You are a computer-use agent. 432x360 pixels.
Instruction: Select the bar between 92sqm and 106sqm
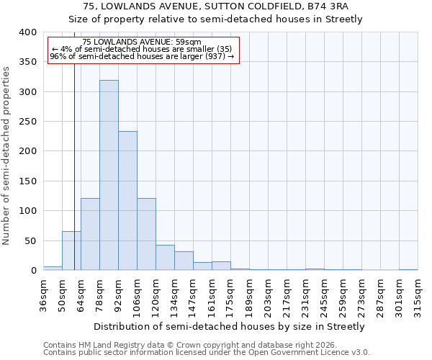(127, 201)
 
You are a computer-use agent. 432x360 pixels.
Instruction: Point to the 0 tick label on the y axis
(33, 271)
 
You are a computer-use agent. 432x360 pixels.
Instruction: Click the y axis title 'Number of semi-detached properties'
(7, 156)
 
